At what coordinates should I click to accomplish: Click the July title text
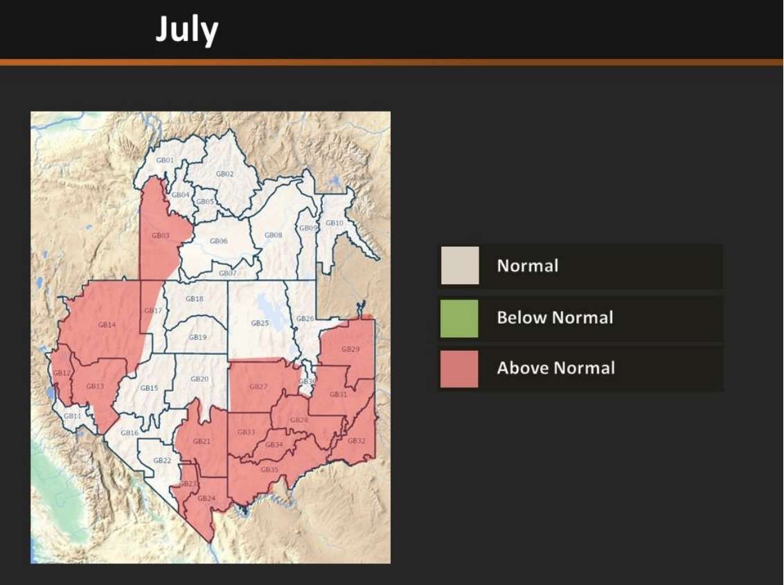pyautogui.click(x=186, y=30)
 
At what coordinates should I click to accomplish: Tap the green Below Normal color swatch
pyautogui.click(x=459, y=318)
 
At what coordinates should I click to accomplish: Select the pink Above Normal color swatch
pyautogui.click(x=459, y=368)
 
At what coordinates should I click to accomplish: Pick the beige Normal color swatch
pyautogui.click(x=459, y=265)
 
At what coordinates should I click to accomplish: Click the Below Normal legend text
pyautogui.click(x=555, y=318)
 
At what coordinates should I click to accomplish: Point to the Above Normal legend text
pyautogui.click(x=555, y=368)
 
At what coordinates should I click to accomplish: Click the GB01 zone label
pyautogui.click(x=165, y=161)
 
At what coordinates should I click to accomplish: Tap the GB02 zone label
pyautogui.click(x=224, y=174)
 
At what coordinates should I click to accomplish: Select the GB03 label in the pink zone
pyautogui.click(x=160, y=236)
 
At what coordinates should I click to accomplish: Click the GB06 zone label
pyautogui.click(x=219, y=241)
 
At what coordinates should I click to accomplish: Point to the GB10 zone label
pyautogui.click(x=335, y=223)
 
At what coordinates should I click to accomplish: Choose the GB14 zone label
pyautogui.click(x=107, y=324)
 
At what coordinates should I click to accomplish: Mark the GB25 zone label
pyautogui.click(x=260, y=324)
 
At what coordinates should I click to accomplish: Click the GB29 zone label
pyautogui.click(x=350, y=349)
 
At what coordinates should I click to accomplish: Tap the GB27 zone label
pyautogui.click(x=258, y=387)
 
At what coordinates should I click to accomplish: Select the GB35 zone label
pyautogui.click(x=269, y=470)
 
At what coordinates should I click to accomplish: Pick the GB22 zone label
pyautogui.click(x=162, y=461)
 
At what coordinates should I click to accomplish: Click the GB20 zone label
pyautogui.click(x=199, y=379)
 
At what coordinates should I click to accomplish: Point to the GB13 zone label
pyautogui.click(x=95, y=386)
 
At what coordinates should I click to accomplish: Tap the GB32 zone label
pyautogui.click(x=357, y=441)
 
